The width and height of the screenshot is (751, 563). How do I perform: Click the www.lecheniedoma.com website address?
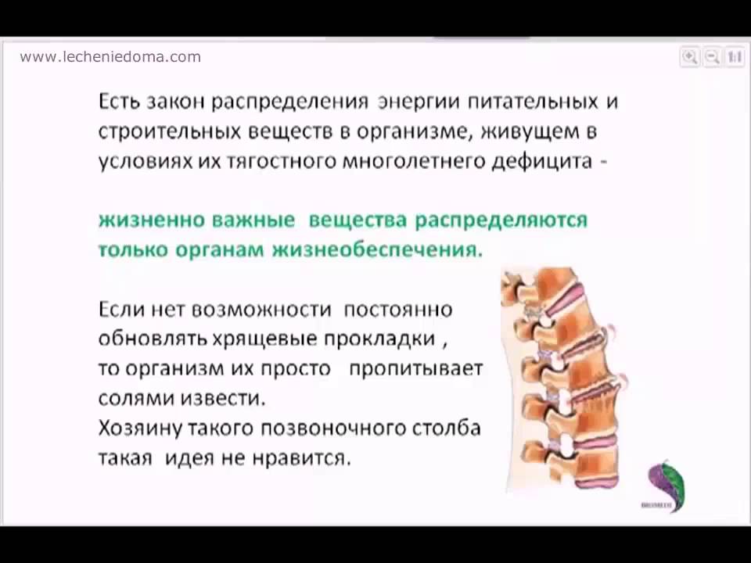110,57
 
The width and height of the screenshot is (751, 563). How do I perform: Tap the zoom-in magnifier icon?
690,57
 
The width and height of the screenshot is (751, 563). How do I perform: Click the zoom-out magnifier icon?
712,57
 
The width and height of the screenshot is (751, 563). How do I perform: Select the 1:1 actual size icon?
735,57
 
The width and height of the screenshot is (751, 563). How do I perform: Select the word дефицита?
542,161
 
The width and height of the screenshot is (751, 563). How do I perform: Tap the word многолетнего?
414,161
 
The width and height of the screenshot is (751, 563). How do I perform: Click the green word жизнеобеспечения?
377,250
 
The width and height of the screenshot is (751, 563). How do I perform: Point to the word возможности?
261,310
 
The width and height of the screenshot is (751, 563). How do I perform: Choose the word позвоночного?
333,429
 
